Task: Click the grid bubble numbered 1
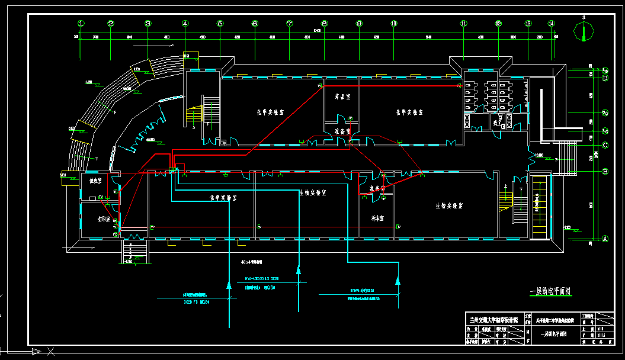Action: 81,24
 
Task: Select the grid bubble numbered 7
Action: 290,24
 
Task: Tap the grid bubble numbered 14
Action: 552,24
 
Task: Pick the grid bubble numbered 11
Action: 463,24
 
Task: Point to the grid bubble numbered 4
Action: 185,24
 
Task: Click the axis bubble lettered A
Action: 605,239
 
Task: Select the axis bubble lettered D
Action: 605,78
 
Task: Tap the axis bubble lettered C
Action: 605,145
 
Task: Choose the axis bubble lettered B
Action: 605,172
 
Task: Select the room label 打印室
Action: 95,219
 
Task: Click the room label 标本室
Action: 377,218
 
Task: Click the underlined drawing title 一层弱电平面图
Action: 550,291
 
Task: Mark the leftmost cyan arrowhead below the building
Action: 229,285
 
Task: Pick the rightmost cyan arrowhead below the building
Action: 398,277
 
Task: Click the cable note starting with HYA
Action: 261,278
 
